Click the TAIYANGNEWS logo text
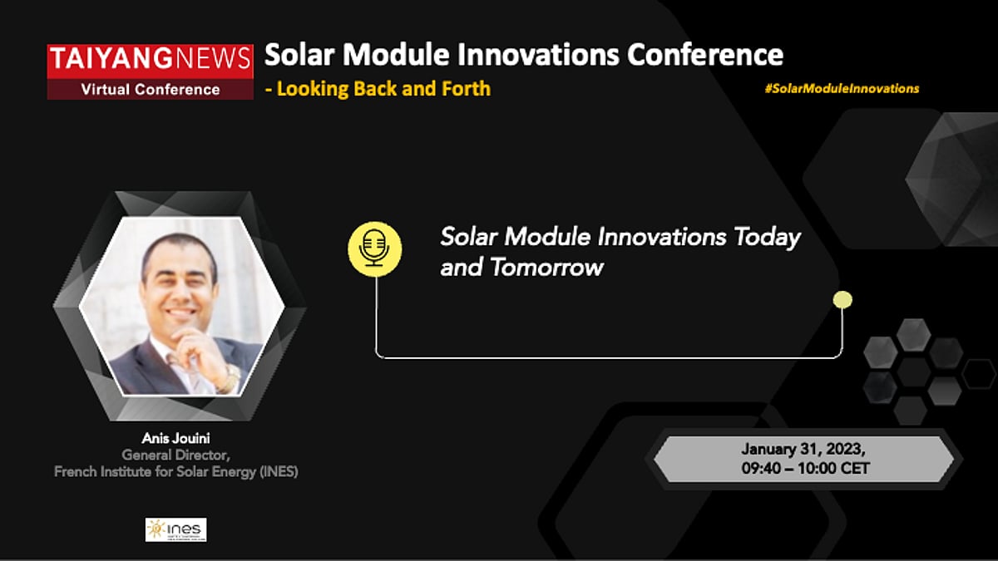(x=150, y=58)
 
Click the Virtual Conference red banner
(x=150, y=89)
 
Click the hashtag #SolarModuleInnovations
(x=842, y=88)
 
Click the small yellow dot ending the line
(x=842, y=300)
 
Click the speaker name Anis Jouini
(x=175, y=438)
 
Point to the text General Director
(x=175, y=455)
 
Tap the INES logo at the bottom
(x=175, y=529)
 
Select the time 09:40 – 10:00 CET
(x=804, y=469)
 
